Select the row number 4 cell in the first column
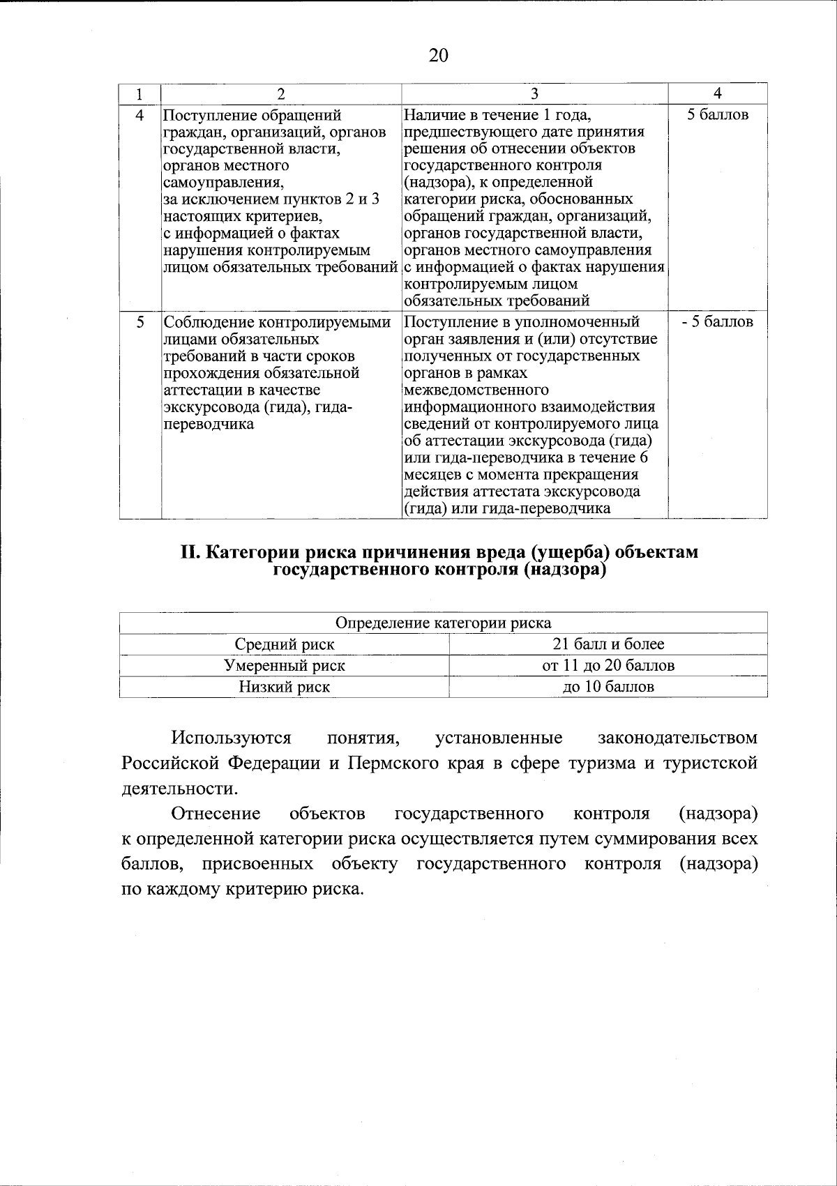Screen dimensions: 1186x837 click(x=140, y=115)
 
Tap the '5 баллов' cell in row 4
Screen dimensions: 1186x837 click(x=718, y=115)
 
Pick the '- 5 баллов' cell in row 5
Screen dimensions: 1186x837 click(x=718, y=322)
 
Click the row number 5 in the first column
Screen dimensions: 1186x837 click(x=140, y=322)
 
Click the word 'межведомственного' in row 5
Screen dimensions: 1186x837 click(x=476, y=390)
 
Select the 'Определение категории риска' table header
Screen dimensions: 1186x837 click(x=443, y=623)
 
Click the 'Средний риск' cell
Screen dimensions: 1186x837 click(x=284, y=644)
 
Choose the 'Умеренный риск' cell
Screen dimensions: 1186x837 click(x=284, y=665)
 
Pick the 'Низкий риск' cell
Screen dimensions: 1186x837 click(x=284, y=687)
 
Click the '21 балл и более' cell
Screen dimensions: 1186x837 click(x=608, y=644)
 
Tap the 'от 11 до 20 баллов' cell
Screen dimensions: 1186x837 click(x=608, y=665)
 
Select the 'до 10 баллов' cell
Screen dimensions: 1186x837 click(x=608, y=687)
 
